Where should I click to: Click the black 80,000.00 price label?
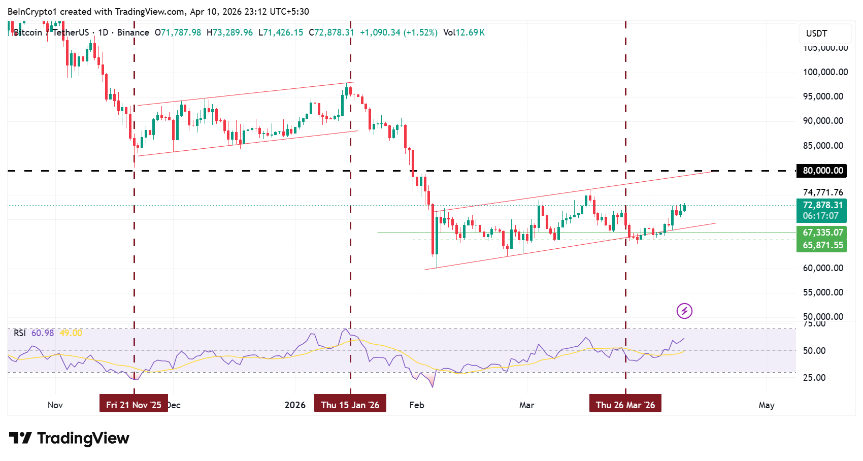(x=822, y=171)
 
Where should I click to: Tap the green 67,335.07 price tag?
(x=822, y=233)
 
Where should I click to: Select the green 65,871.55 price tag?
(x=822, y=245)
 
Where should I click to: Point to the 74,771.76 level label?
(x=822, y=192)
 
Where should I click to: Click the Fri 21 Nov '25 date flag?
(x=134, y=405)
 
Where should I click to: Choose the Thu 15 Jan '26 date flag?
(x=350, y=405)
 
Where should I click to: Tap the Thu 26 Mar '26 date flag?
(x=625, y=405)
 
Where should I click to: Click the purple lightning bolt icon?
(x=684, y=311)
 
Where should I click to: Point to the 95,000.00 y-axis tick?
(x=822, y=96)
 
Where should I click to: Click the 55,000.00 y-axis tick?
(x=822, y=292)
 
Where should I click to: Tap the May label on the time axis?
(x=766, y=405)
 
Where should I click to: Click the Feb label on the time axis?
(x=416, y=405)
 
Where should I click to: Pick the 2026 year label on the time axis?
(x=295, y=405)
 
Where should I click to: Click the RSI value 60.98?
(x=43, y=333)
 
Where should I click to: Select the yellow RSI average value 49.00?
(x=71, y=333)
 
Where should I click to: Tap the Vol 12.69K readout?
(x=464, y=32)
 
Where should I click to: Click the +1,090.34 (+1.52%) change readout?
(x=399, y=32)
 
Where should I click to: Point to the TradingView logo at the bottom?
(x=69, y=438)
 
